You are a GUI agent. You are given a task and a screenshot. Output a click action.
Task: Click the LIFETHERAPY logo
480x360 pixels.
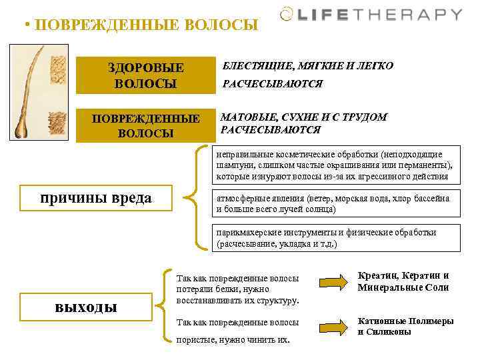371,15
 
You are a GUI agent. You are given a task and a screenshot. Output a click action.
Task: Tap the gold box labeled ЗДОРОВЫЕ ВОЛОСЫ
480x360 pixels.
146,75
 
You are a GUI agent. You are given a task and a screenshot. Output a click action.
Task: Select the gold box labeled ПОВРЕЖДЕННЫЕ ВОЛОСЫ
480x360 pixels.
146,125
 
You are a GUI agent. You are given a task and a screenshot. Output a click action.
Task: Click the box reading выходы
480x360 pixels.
85,307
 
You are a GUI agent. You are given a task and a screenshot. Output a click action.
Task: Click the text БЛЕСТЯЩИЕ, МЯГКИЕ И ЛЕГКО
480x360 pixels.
307,66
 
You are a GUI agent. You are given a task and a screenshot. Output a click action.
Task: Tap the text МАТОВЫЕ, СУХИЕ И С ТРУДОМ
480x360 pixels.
304,117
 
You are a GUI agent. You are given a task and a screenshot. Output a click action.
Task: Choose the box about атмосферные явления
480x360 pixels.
335,203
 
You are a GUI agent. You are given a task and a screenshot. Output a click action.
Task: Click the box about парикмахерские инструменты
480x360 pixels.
335,238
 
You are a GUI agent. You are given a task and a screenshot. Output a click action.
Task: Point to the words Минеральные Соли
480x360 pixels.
403,288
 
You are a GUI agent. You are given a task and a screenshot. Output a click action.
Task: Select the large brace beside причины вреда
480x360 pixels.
197,197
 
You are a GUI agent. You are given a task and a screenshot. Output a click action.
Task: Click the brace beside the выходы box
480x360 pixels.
163,306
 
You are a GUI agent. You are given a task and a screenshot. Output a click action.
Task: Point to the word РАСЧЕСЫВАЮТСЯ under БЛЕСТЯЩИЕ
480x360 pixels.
272,84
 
